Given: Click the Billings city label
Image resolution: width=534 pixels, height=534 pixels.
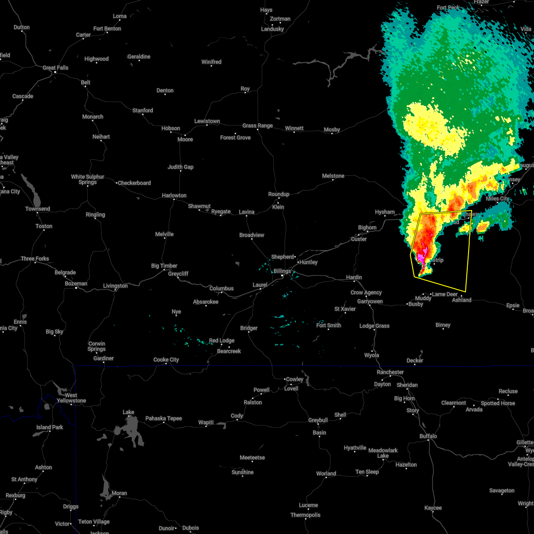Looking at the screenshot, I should point(282,271).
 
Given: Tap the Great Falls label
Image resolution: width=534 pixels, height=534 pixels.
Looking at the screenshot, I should point(56,68).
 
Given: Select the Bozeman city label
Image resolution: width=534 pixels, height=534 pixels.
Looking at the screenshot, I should point(76,283).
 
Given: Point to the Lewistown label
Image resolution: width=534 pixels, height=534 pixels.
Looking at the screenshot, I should point(207,121).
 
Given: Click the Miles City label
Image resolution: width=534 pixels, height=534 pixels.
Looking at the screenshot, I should point(498,198).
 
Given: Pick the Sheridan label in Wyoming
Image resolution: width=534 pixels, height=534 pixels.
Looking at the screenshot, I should point(407,385).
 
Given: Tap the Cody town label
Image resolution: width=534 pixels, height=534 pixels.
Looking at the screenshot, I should point(237,416).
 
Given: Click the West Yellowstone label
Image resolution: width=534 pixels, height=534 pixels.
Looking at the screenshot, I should point(71,398).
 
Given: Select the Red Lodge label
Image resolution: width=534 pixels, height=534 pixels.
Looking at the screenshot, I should point(222,340).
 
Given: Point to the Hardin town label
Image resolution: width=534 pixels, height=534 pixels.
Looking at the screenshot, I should point(354,277).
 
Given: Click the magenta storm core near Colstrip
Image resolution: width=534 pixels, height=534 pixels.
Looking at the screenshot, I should point(421,259).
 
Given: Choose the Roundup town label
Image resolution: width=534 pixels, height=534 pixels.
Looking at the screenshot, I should point(279,194).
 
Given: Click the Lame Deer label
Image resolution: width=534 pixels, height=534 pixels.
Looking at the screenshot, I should point(445,294).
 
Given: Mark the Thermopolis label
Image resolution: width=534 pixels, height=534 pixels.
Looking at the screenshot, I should point(305,515).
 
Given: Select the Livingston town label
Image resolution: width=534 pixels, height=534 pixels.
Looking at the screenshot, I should point(115,286).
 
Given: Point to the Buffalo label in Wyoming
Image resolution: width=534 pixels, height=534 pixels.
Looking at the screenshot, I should point(428,436).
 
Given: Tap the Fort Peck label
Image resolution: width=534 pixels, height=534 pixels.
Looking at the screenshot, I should point(448,8).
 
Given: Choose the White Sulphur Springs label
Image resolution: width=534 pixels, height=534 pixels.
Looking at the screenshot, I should point(88,179).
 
